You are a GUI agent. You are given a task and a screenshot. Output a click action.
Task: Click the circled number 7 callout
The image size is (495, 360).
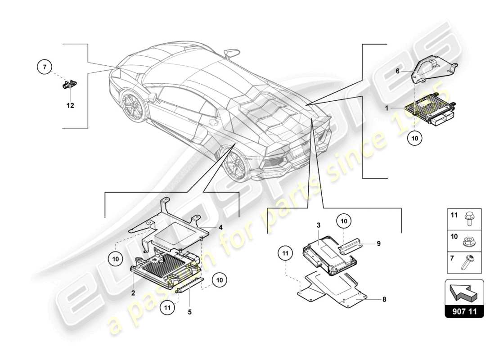pos(44,67)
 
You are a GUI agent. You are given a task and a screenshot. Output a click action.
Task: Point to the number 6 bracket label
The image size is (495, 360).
pos(397,71)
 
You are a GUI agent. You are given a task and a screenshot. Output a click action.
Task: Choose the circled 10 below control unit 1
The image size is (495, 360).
pos(415,139)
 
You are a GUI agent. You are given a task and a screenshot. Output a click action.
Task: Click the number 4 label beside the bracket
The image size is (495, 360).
pos(220,227)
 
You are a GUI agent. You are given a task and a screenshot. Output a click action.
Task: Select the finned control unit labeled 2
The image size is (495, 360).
pos(164,268)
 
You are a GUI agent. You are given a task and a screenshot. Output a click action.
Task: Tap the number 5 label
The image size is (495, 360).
pos(189,311)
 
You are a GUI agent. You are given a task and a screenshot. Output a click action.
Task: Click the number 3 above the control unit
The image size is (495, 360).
pos(318,225)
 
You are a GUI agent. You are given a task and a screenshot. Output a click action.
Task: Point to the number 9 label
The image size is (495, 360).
pos(379,243)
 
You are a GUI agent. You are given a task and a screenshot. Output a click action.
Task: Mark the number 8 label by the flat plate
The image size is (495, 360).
pos(383,299)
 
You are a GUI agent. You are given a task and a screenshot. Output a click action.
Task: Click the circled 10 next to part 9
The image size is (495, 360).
pos(344,221)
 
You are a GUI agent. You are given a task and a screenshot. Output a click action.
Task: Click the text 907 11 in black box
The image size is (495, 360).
pos(464,311)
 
